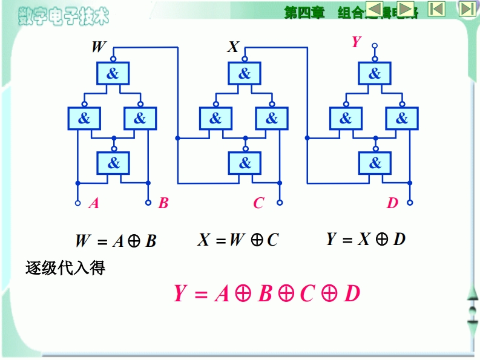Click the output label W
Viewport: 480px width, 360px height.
click(x=98, y=47)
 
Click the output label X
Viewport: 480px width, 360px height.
click(x=233, y=47)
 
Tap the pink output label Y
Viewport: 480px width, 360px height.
click(x=357, y=42)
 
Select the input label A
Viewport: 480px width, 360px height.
click(x=94, y=203)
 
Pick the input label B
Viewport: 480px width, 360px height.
click(x=163, y=203)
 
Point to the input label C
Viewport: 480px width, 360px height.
click(x=258, y=203)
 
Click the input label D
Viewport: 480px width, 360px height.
click(x=392, y=203)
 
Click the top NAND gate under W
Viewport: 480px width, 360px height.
click(x=113, y=74)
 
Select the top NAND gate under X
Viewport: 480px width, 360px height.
click(x=244, y=74)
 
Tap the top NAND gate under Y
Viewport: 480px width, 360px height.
click(x=375, y=74)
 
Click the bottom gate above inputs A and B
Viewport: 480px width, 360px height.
click(x=113, y=163)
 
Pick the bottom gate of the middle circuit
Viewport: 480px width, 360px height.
click(x=245, y=163)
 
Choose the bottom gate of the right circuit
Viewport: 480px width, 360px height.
click(x=375, y=163)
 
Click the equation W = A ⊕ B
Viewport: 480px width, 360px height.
click(x=116, y=241)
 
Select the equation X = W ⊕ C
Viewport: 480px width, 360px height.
click(x=238, y=240)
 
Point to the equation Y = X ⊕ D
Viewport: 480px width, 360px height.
click(x=366, y=239)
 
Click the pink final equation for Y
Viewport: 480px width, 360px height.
click(x=267, y=293)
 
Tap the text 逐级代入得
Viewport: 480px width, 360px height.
click(x=65, y=268)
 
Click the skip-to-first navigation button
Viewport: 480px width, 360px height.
click(x=436, y=8)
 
